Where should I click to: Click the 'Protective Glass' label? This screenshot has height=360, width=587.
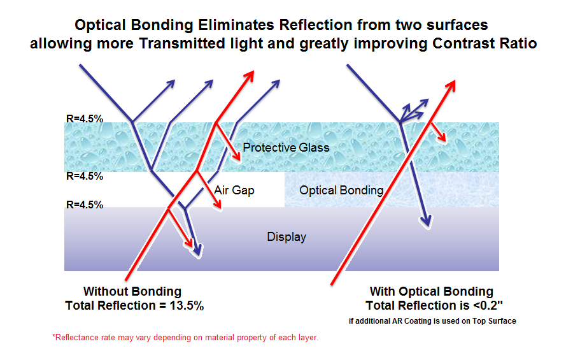click(x=286, y=148)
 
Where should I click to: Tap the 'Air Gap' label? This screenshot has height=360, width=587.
click(x=234, y=191)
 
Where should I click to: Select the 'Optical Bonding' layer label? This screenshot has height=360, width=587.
click(x=341, y=191)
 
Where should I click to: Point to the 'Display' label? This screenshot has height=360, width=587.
click(x=286, y=237)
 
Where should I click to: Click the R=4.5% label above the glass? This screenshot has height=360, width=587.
click(x=85, y=119)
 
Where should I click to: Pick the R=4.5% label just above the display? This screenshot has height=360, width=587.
click(x=85, y=205)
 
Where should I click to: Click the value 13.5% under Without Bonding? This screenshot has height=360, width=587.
click(x=187, y=306)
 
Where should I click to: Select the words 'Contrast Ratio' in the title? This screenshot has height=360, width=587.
click(x=484, y=43)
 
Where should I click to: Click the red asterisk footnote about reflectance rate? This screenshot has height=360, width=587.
click(x=185, y=338)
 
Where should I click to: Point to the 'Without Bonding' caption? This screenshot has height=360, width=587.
click(x=132, y=291)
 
